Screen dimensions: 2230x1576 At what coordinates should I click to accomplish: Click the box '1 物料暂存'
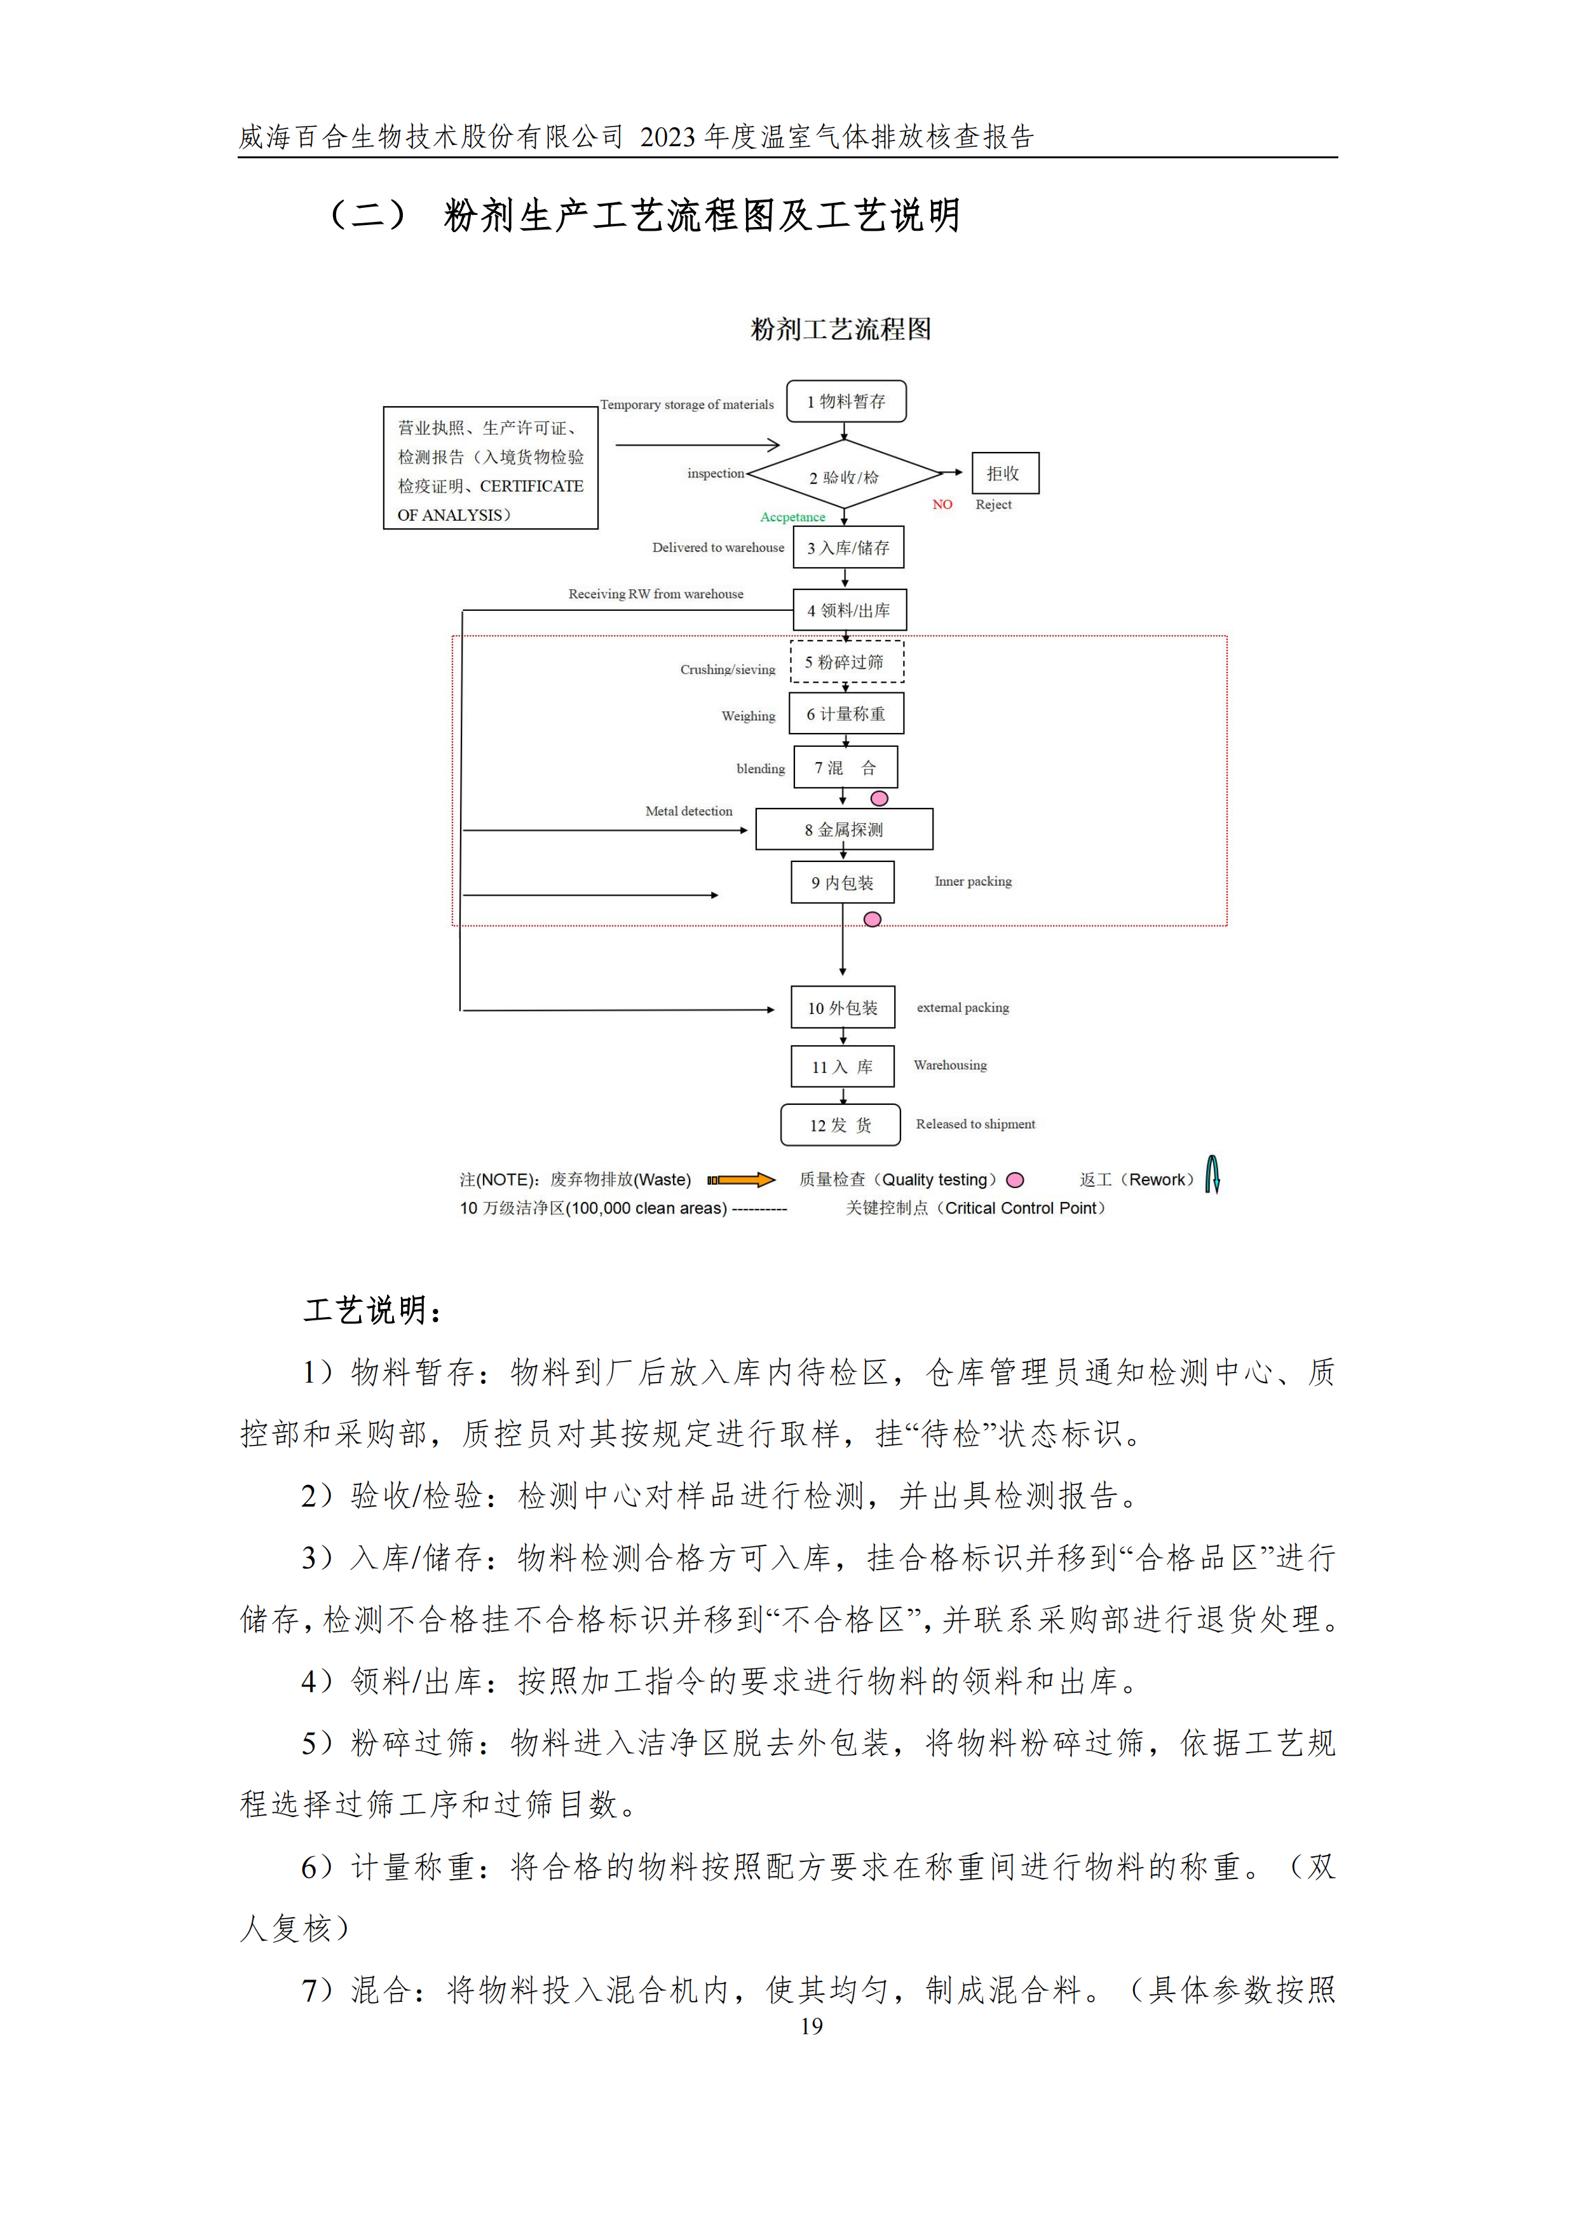[846, 401]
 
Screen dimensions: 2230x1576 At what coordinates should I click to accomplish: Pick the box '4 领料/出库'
[849, 610]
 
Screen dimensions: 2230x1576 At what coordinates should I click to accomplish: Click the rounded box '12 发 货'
[840, 1125]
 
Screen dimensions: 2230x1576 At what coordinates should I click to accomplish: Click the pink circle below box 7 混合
[879, 798]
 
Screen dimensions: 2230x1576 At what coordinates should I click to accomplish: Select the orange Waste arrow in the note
[741, 1180]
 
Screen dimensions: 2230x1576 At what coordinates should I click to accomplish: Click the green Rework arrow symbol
[1212, 1174]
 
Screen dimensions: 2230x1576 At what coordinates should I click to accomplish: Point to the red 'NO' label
[942, 504]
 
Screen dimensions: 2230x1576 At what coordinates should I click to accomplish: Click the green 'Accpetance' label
[792, 517]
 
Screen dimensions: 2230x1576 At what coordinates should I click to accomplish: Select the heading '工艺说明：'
[374, 1310]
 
